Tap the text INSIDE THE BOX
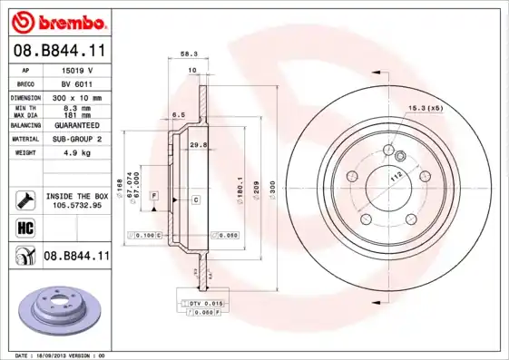tap(76, 196)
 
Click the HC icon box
tap(25, 227)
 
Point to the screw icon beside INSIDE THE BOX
tap(25, 199)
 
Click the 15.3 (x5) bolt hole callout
tap(423, 109)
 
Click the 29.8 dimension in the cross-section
tap(201, 144)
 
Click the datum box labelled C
tap(195, 198)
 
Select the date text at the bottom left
tap(61, 355)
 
